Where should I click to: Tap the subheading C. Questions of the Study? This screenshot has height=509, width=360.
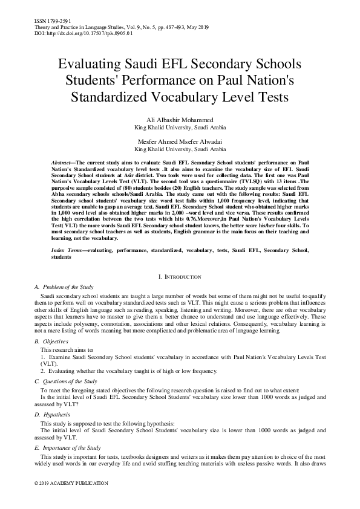(65, 381)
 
